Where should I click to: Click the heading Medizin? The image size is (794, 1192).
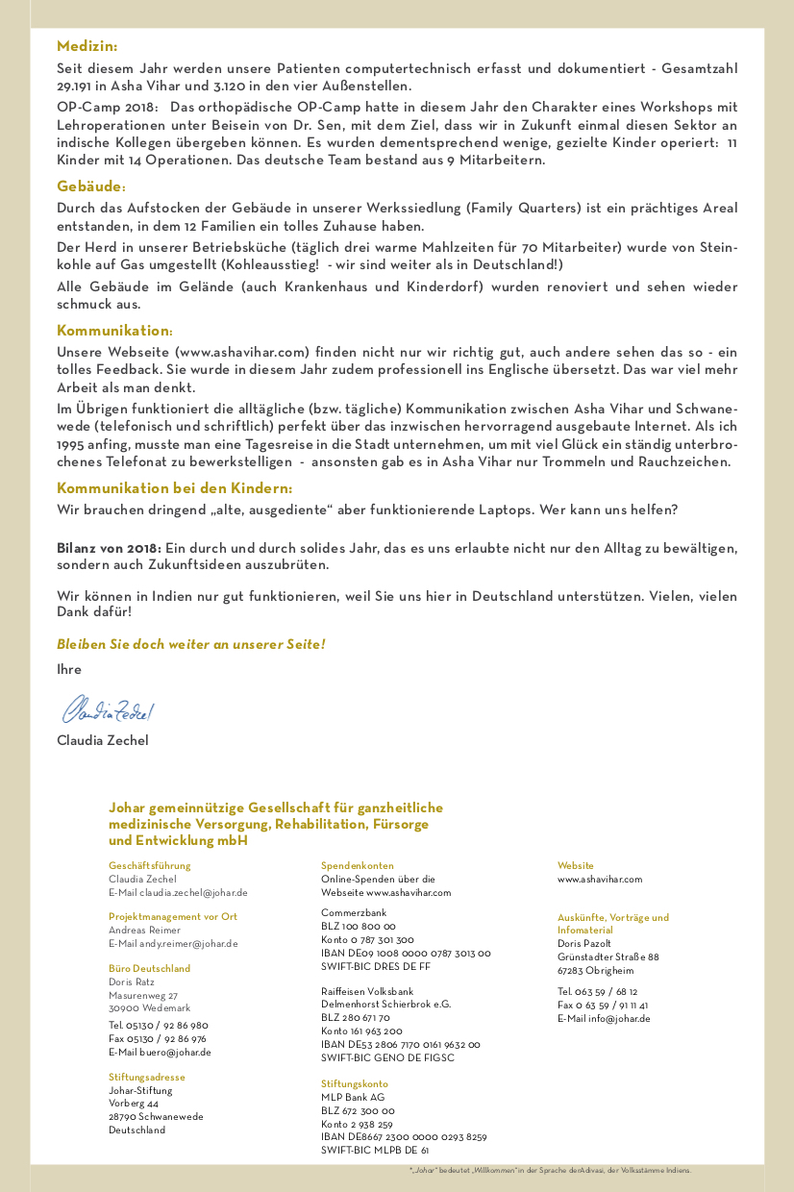(x=87, y=46)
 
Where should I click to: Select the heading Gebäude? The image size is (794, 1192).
(x=91, y=186)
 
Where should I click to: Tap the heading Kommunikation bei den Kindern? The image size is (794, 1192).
(x=174, y=488)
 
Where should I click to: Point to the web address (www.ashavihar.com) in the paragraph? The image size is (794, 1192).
(x=242, y=352)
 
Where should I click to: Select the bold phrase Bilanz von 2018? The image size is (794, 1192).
(x=109, y=548)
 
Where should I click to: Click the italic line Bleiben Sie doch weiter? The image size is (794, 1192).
(x=190, y=644)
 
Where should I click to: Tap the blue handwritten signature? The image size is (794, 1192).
(x=108, y=709)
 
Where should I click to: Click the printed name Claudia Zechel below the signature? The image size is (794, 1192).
(x=103, y=740)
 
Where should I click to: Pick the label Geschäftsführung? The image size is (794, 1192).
(x=150, y=866)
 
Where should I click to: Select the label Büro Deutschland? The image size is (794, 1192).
(x=150, y=969)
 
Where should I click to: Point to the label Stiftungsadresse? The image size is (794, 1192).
(x=147, y=1078)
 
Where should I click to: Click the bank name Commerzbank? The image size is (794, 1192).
(x=354, y=912)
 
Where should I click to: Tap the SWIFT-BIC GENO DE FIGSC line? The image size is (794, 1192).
(x=387, y=1058)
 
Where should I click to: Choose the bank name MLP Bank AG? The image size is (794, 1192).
(x=353, y=1098)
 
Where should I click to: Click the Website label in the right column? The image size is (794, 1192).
(x=576, y=866)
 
